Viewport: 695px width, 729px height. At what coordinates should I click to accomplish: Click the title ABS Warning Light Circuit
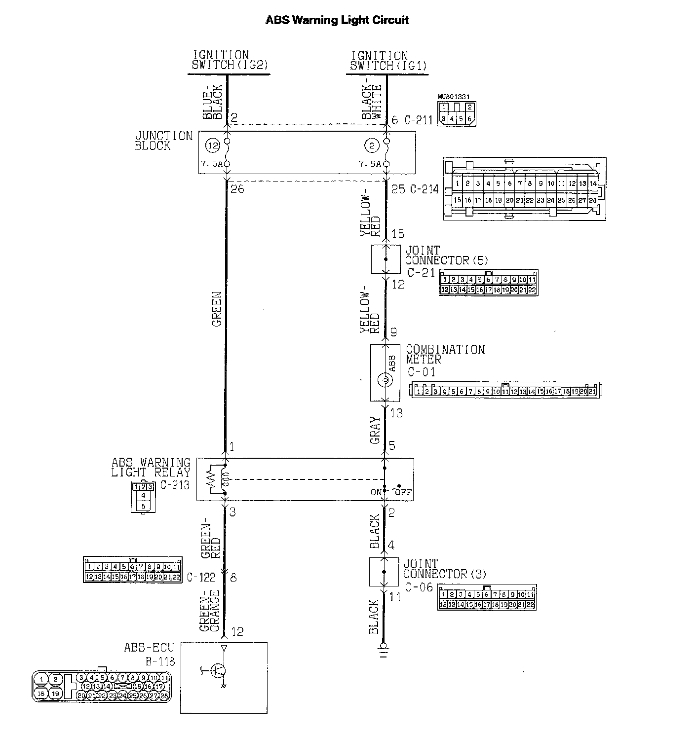[337, 20]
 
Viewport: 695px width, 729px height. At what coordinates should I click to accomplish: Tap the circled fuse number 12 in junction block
[213, 146]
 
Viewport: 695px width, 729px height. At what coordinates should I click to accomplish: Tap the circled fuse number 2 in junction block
[371, 146]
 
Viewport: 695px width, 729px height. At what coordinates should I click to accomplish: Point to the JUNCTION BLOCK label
[163, 141]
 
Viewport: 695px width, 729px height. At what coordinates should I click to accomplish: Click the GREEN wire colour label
[217, 310]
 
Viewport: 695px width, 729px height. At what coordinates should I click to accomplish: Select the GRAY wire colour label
[375, 430]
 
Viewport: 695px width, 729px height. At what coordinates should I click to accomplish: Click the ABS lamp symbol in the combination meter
[384, 380]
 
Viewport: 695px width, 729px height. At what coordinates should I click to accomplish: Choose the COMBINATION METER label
[445, 354]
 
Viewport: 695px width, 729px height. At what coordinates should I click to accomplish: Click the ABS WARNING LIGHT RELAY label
[151, 467]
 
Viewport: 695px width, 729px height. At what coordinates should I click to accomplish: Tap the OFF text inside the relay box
[406, 492]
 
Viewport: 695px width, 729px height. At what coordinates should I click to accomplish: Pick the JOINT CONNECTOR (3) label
[444, 569]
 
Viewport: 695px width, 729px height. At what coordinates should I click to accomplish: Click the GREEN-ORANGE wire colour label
[210, 611]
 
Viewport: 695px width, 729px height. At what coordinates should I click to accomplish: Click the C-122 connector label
[201, 577]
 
